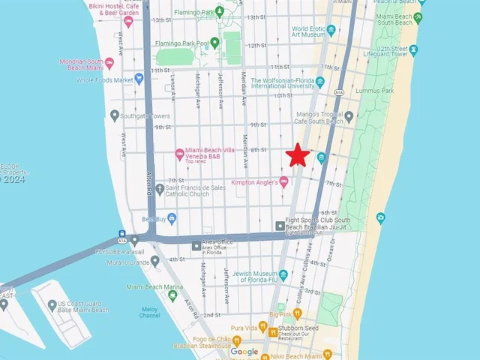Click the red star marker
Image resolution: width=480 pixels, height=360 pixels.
pos(298,155)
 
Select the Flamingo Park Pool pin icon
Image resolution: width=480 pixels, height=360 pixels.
pos(215,43)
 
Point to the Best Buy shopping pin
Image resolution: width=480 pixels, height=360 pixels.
pos(172,218)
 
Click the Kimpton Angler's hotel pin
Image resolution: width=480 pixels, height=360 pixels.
pos(283,181)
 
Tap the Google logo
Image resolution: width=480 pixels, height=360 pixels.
pos(244,352)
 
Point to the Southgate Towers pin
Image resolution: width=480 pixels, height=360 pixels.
pos(115,115)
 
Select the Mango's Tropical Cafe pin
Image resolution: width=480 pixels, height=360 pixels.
pos(349,116)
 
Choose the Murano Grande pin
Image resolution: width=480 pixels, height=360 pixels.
pos(155,261)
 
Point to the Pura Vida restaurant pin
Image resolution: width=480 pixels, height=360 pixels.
pos(263,328)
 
